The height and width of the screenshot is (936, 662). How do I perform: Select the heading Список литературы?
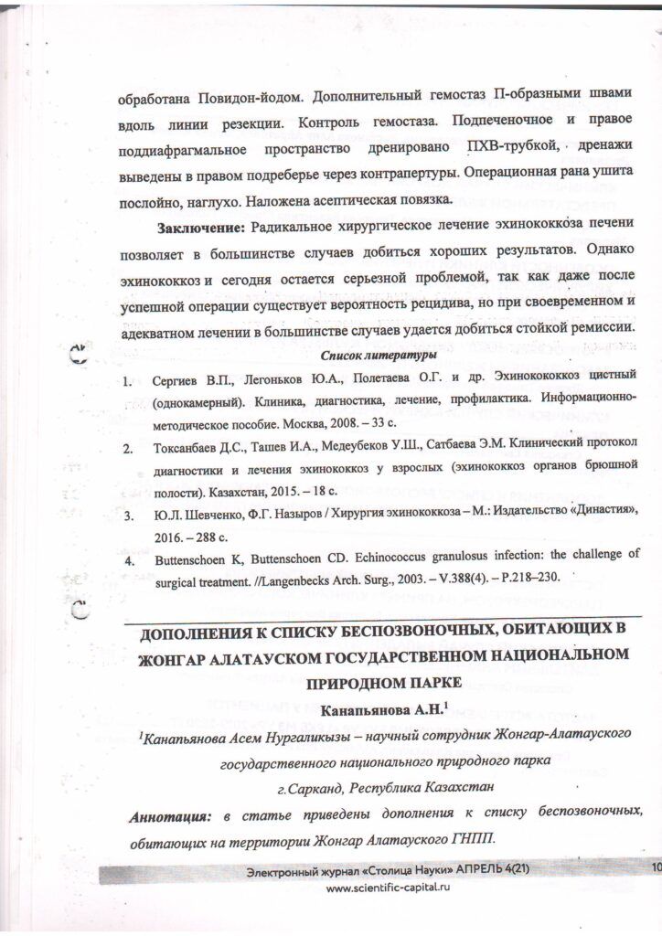tap(381, 355)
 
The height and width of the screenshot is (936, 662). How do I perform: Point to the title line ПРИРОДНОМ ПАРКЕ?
tap(383, 683)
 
